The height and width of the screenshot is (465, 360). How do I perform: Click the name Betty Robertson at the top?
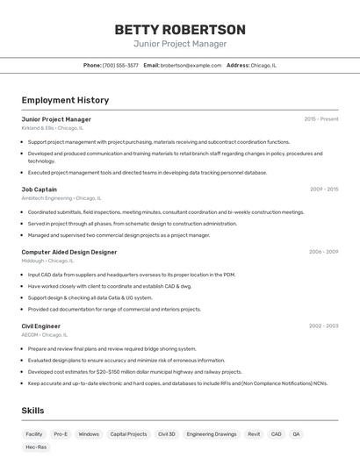180,30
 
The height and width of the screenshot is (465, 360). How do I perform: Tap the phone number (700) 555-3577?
120,65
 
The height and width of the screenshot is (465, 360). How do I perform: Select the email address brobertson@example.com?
191,65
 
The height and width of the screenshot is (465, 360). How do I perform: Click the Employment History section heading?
65,100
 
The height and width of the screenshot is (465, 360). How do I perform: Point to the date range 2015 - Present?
320,119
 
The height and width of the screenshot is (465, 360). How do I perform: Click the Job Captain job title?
40,190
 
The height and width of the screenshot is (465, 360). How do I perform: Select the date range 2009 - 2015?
323,190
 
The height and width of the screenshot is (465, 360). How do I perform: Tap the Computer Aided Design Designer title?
69,252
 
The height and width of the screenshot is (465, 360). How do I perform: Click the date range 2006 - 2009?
323,252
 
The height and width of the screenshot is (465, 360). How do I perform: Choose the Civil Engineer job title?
41,326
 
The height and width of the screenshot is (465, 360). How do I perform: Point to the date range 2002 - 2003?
323,326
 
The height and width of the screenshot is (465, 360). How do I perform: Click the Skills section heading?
33,411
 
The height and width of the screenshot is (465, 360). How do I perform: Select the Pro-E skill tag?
61,433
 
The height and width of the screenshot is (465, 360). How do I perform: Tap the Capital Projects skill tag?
128,433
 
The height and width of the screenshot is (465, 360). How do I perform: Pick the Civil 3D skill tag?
167,433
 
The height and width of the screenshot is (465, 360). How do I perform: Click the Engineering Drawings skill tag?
212,433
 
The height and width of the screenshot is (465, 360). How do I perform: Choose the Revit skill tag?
254,433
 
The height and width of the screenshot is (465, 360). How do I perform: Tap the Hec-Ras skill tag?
36,447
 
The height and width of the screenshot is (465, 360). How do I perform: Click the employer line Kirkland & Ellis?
54,128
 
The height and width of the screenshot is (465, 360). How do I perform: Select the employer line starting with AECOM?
45,334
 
